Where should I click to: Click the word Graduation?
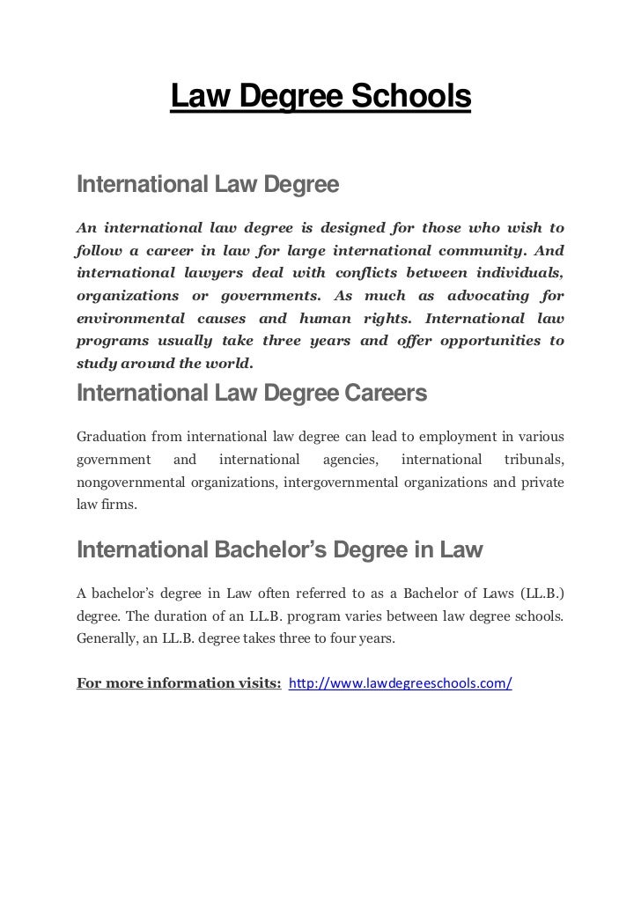[x=111, y=435]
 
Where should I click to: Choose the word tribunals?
[x=534, y=459]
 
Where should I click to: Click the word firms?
[x=120, y=506]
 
